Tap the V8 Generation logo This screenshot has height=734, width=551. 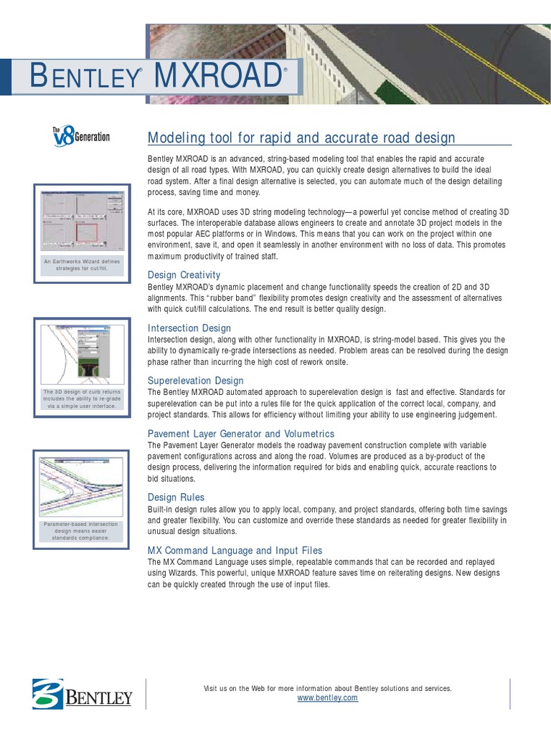click(x=80, y=135)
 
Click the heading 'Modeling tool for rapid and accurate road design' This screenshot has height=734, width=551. click(x=301, y=138)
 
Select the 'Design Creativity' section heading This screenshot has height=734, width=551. click(x=184, y=275)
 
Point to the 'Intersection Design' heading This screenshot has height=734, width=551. click(x=189, y=328)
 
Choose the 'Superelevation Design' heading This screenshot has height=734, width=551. click(x=195, y=381)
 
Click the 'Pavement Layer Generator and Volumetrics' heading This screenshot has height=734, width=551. click(x=240, y=434)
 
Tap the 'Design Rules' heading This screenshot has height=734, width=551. click(x=176, y=497)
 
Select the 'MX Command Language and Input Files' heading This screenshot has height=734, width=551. click(x=235, y=550)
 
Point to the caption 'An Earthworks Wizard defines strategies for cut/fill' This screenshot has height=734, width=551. click(x=82, y=265)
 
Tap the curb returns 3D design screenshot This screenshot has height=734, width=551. click(x=82, y=353)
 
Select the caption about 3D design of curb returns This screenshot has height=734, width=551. click(x=82, y=399)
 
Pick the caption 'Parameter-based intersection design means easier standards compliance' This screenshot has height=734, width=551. click(x=82, y=531)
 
